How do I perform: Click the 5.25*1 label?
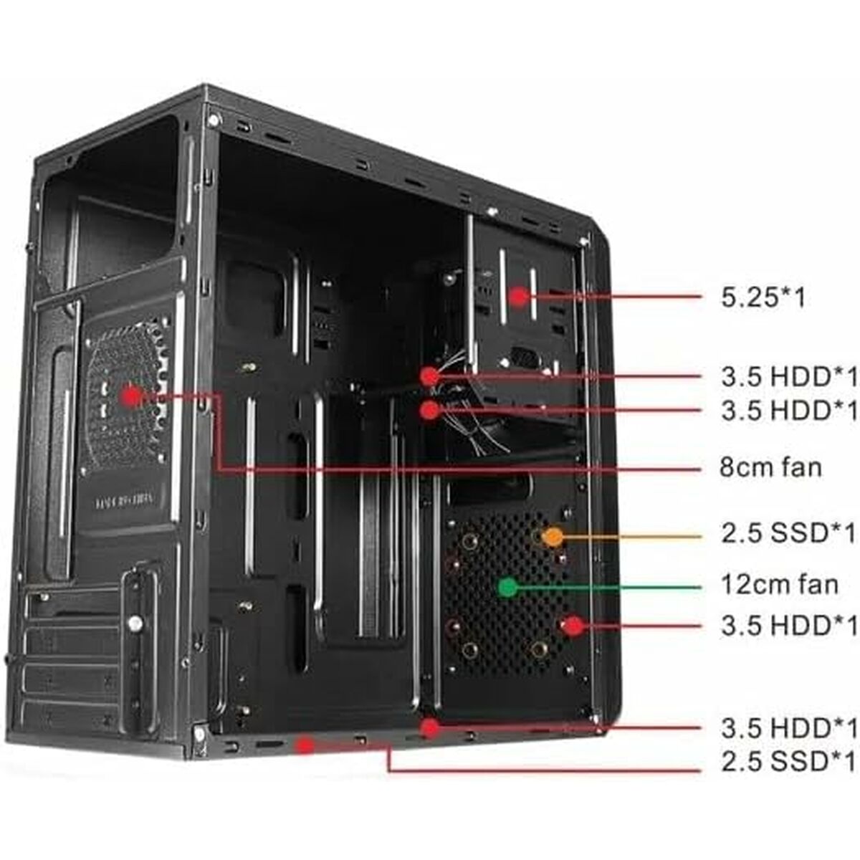(x=763, y=297)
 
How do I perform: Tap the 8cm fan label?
(x=770, y=468)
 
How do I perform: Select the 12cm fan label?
(x=779, y=585)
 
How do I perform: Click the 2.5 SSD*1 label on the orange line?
(x=788, y=534)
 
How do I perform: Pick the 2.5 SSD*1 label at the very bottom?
(x=788, y=761)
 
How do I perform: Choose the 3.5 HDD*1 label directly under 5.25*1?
(x=788, y=376)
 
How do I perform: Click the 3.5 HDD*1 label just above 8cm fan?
(x=788, y=411)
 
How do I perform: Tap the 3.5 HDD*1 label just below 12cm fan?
(x=788, y=626)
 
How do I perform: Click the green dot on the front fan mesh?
(x=508, y=588)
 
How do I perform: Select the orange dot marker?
(x=553, y=535)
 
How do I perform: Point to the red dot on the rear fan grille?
(x=131, y=396)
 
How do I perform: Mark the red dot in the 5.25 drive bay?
(x=518, y=296)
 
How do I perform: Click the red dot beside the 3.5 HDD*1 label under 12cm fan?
(x=573, y=626)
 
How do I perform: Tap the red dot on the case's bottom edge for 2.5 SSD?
(x=306, y=745)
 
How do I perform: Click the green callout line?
(x=609, y=588)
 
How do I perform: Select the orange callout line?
(x=631, y=535)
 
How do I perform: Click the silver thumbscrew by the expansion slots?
(x=134, y=623)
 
